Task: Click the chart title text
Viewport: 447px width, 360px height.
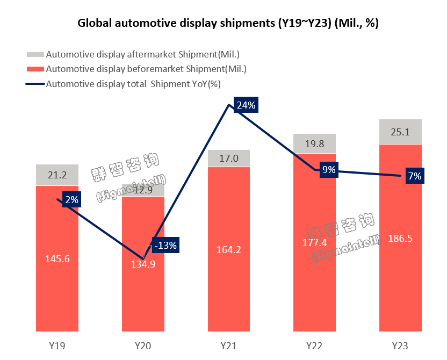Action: click(x=228, y=23)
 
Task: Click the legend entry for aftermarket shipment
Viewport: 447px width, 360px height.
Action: click(x=142, y=54)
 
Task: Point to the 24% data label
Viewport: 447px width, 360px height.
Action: click(x=246, y=105)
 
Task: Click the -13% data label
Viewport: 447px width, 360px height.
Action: click(x=165, y=246)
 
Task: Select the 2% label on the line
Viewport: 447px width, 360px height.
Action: click(x=71, y=200)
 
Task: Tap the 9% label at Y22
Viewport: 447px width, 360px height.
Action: click(x=329, y=170)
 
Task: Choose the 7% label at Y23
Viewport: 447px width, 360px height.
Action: click(x=414, y=176)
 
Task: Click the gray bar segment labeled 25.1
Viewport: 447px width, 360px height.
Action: click(x=400, y=132)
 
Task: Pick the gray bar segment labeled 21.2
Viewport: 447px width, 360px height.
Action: click(x=57, y=175)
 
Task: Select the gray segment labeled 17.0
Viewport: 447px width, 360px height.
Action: click(x=229, y=159)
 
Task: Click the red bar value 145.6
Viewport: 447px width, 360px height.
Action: click(x=57, y=258)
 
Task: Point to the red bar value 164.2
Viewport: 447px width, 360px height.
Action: click(x=229, y=249)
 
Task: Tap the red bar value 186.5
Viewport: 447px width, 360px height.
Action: click(x=400, y=238)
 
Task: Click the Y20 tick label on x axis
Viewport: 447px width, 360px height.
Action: click(x=143, y=345)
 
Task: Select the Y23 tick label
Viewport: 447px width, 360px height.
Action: click(x=400, y=345)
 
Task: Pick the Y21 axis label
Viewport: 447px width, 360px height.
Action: click(x=229, y=345)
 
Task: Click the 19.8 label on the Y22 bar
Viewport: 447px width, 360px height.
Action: click(x=314, y=143)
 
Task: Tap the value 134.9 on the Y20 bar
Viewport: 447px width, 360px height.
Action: click(x=143, y=263)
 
